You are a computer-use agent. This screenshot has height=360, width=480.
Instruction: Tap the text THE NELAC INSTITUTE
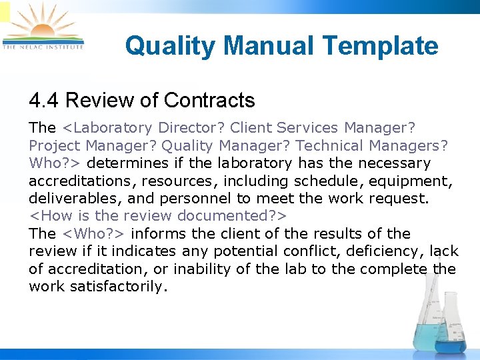[x=43, y=47]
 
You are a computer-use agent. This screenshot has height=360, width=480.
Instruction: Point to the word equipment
[x=418, y=181]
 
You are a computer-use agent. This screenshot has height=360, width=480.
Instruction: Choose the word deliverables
[x=66, y=199]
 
